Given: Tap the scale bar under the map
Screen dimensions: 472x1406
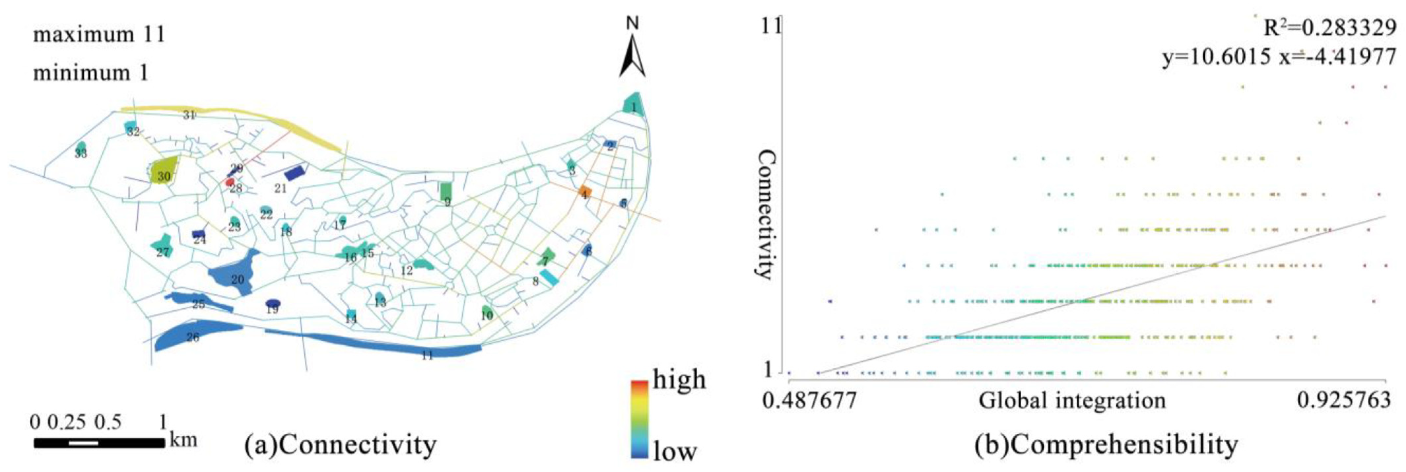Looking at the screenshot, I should tap(99, 443).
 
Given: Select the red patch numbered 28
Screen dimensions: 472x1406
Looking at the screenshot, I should tap(230, 182).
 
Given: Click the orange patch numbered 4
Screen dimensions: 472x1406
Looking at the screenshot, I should tap(585, 192).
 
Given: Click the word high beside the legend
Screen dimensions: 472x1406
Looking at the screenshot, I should tap(679, 379).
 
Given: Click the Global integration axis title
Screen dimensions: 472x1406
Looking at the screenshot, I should tap(1072, 400).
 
